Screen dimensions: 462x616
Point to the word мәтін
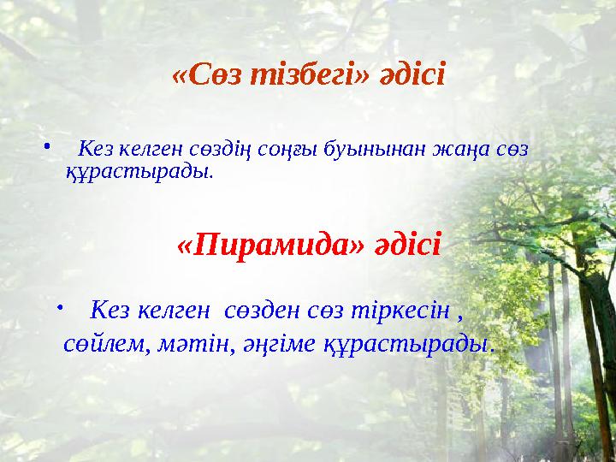click(192, 344)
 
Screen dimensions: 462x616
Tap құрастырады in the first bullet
click(138, 172)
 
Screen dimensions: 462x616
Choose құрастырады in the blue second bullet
click(407, 344)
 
